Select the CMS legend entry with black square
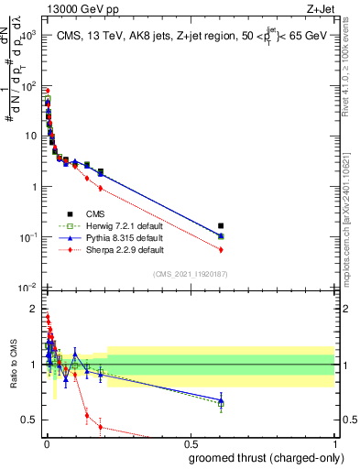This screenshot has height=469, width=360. [x=93, y=213]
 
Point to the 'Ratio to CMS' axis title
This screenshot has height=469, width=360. [x=13, y=366]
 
